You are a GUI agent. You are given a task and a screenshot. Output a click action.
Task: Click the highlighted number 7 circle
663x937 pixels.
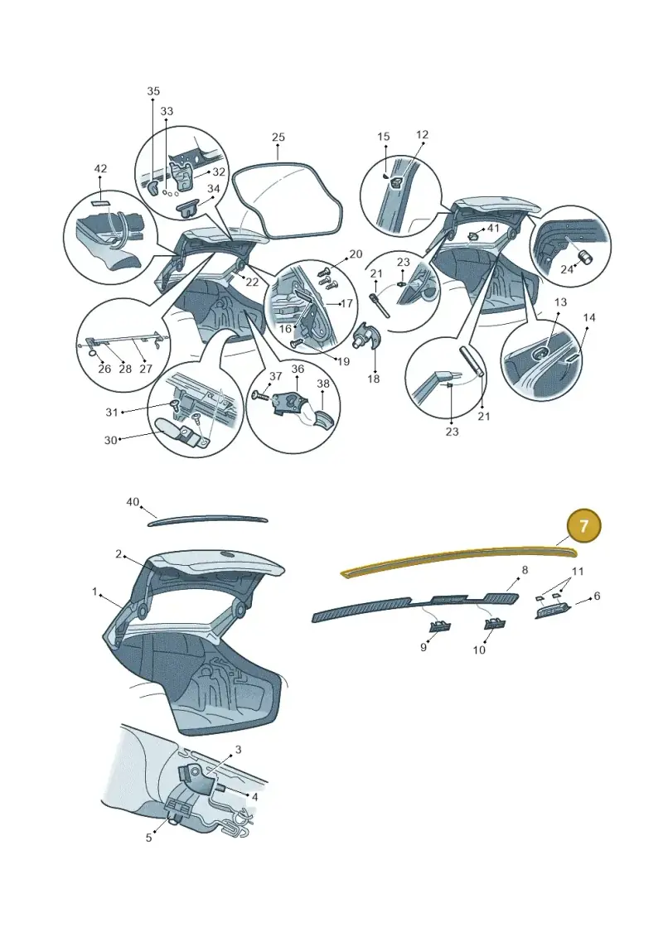[x=583, y=526]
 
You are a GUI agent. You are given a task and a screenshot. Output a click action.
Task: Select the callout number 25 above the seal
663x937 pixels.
[x=278, y=138]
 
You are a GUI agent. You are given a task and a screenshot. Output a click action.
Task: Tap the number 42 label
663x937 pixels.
[x=100, y=168]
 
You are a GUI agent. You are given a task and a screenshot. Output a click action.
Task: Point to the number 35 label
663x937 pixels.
[x=153, y=91]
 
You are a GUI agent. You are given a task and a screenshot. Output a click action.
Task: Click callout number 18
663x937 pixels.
[x=374, y=379]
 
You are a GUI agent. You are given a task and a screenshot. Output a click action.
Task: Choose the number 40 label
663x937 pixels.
[x=133, y=502]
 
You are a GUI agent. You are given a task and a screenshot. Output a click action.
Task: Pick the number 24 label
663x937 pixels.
[x=567, y=269]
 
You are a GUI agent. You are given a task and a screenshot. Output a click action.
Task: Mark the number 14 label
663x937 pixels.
[x=589, y=317]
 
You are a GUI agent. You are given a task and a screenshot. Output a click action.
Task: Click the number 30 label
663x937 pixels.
[x=110, y=441]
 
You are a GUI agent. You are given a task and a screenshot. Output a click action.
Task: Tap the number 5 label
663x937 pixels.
[x=149, y=838]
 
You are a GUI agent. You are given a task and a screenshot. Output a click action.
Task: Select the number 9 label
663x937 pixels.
[x=423, y=647]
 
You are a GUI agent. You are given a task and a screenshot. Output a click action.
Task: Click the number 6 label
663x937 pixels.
[x=597, y=596]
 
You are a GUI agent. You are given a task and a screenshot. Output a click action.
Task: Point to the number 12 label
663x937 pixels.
[x=422, y=135]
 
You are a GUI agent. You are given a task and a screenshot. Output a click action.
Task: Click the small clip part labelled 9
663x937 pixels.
[x=440, y=627]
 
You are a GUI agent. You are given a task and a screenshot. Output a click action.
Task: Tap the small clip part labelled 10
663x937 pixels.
[x=495, y=625]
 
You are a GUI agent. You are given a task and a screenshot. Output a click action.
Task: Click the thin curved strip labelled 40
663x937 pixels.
[x=207, y=520]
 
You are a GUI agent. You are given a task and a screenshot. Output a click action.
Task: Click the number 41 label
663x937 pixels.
[x=493, y=229]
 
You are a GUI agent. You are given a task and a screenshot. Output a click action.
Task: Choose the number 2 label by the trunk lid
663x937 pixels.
[x=119, y=554]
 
